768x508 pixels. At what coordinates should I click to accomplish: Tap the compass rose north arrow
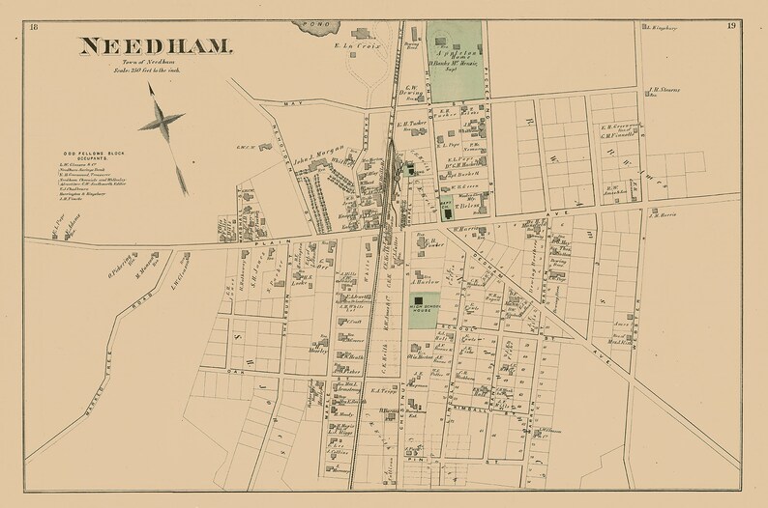click(161, 122)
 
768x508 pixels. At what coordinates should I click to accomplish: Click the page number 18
click(35, 26)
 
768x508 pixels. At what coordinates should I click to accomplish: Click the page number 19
click(732, 26)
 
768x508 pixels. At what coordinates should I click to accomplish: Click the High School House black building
click(419, 306)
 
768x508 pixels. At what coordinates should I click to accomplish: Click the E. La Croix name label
click(359, 45)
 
